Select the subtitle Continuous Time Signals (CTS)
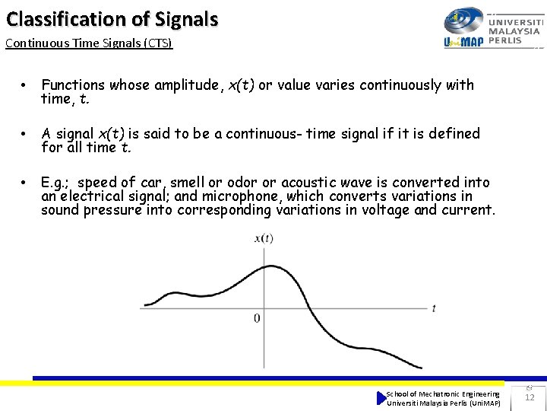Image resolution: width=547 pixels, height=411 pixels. [x=89, y=43]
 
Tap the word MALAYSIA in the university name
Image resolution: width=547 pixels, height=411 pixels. [x=515, y=31]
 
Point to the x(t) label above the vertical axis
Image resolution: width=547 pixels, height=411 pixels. [x=264, y=238]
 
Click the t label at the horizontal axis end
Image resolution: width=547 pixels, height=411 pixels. [x=433, y=308]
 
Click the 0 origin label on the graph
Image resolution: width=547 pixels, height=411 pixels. [x=257, y=318]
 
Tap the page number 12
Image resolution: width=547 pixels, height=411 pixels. [x=530, y=397]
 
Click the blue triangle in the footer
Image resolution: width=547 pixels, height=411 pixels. [x=381, y=398]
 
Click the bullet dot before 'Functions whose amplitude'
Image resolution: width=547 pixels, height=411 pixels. [x=25, y=85]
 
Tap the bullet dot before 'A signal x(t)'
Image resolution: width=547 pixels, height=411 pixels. [x=25, y=134]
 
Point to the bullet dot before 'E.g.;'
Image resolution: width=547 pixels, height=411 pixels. [x=25, y=183]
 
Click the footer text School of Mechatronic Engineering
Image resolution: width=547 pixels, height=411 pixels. [x=443, y=393]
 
